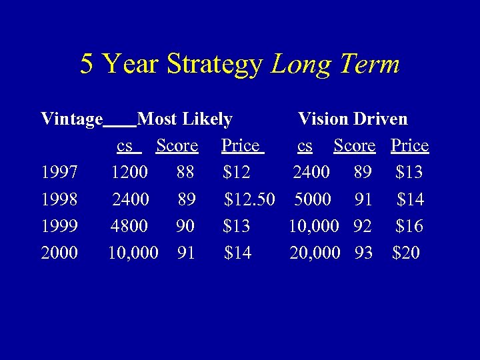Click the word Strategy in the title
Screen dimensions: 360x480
[x=215, y=65]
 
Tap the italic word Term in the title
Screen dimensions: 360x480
[x=369, y=64]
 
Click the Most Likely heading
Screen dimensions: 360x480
[x=185, y=119]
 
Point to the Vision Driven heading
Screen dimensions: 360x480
[x=353, y=119]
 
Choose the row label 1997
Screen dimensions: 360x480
[x=59, y=173]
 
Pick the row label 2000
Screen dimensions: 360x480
[x=59, y=253]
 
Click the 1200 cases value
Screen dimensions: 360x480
[x=130, y=173]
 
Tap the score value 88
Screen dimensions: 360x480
[x=185, y=173]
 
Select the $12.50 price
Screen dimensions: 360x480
[x=249, y=199]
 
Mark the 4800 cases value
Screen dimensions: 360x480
[x=130, y=226]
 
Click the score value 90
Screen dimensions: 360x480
[x=185, y=226]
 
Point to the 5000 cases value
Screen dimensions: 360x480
[x=313, y=199]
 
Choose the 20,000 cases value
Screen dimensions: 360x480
[x=315, y=253]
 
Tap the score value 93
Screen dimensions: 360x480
[x=363, y=253]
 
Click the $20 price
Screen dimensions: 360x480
[x=406, y=253]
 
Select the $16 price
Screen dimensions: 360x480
[x=409, y=226]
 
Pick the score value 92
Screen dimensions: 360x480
[x=363, y=226]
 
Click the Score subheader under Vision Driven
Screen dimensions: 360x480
[x=355, y=146]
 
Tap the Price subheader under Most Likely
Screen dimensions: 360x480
[x=241, y=146]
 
